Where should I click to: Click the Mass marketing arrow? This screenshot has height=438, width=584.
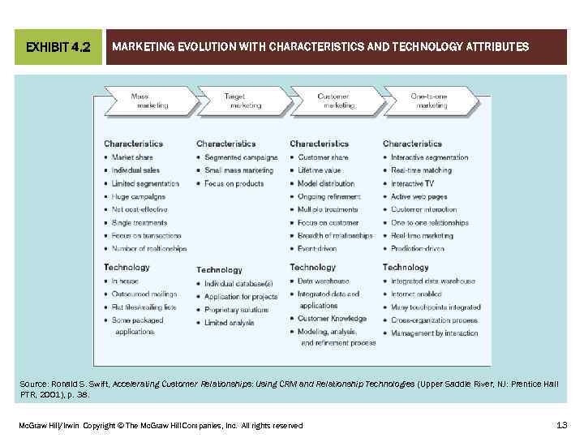click(147, 101)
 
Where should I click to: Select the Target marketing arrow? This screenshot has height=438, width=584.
click(243, 101)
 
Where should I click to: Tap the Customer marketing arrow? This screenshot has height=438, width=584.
click(334, 101)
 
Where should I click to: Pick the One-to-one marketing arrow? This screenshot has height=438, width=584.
click(430, 101)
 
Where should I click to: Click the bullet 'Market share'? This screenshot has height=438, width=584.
click(132, 157)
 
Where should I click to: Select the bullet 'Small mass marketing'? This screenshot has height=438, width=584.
click(238, 170)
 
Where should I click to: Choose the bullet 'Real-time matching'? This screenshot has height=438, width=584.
click(421, 170)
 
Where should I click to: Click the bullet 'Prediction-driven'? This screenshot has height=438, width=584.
click(417, 249)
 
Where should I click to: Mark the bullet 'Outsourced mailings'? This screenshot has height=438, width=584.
click(144, 294)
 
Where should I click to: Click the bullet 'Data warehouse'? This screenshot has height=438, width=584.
click(323, 281)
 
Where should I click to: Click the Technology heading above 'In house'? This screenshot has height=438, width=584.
click(127, 267)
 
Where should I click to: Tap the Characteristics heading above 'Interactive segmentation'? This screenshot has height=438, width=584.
click(412, 144)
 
